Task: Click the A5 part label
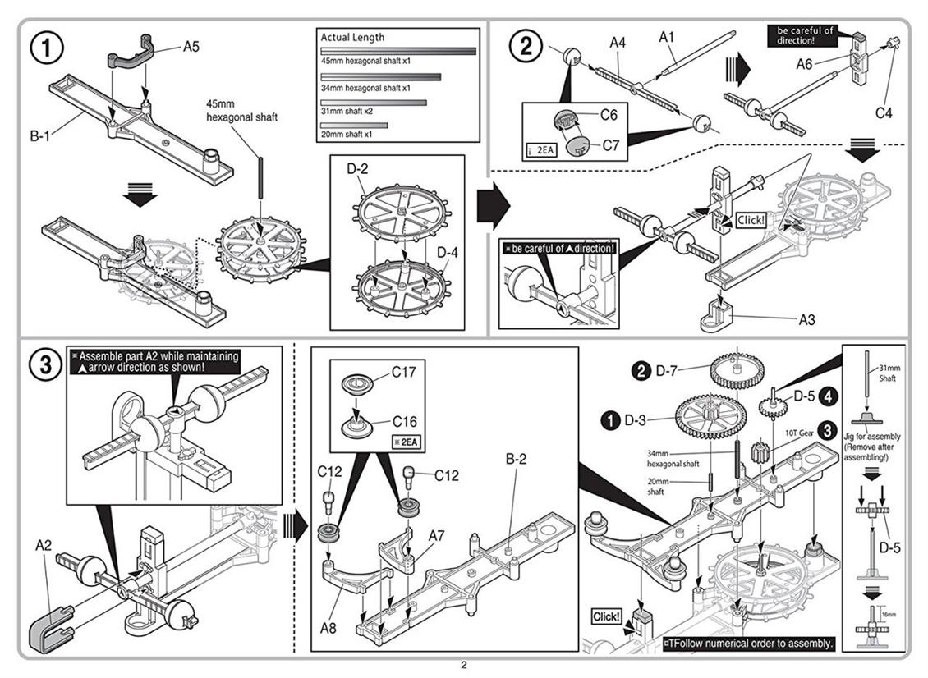click(191, 47)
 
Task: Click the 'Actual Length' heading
click(352, 37)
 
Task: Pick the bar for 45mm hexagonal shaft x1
click(397, 51)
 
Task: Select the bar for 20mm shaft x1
click(354, 125)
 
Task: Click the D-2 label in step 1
click(356, 170)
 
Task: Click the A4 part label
click(618, 42)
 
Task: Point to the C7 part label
click(610, 145)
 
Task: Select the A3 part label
click(806, 319)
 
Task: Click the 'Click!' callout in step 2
click(751, 221)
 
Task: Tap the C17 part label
click(403, 373)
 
